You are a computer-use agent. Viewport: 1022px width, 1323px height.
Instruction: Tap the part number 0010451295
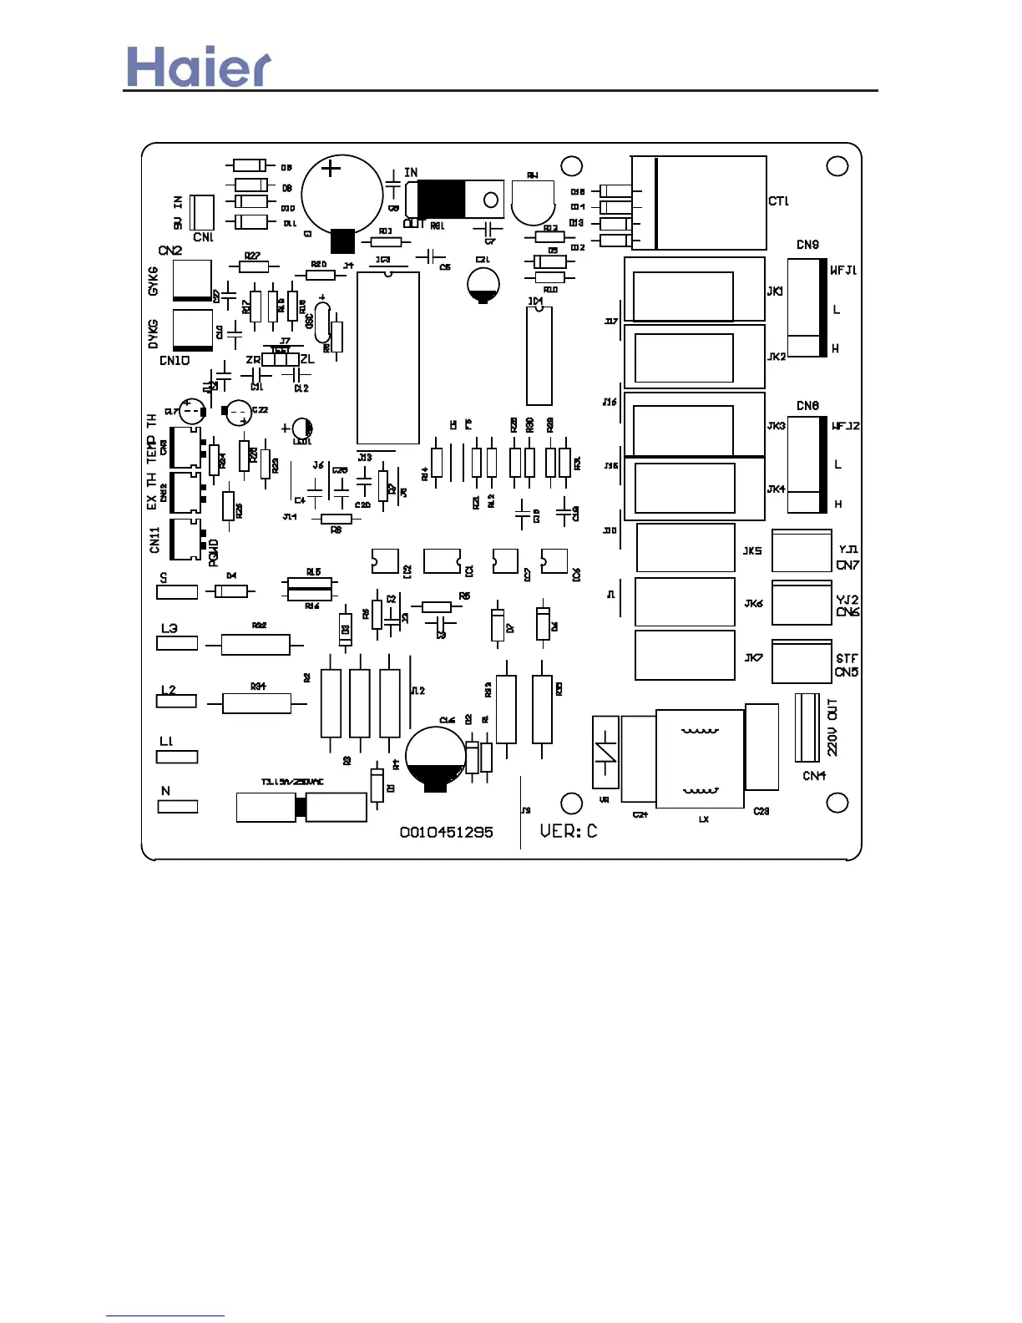click(x=446, y=832)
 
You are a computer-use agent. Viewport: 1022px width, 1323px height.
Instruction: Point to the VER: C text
click(x=568, y=831)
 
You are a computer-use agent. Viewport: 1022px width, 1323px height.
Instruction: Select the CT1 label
click(x=778, y=201)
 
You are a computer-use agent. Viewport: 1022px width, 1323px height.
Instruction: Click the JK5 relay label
click(x=752, y=551)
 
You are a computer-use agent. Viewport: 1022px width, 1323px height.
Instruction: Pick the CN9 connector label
click(x=807, y=245)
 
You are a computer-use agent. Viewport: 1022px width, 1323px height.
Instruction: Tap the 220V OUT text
click(x=832, y=727)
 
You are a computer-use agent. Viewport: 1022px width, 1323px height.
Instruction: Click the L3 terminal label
click(x=169, y=628)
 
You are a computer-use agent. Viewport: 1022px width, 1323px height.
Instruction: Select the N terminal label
click(x=165, y=791)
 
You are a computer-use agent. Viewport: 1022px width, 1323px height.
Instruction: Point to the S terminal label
click(x=164, y=578)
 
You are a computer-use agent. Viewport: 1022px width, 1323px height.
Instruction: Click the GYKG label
click(x=153, y=281)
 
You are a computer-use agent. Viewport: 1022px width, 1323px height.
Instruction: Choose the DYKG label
click(x=153, y=334)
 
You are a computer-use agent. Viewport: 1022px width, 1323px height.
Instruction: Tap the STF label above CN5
click(x=847, y=659)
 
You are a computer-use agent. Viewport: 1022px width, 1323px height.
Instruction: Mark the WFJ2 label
click(x=845, y=426)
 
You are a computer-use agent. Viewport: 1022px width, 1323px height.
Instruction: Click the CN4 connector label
click(x=814, y=776)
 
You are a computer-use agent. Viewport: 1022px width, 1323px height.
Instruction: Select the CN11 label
click(x=154, y=540)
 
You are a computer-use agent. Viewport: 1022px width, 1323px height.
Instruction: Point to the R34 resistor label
click(x=258, y=687)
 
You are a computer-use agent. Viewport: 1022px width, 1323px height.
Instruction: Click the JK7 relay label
click(x=753, y=658)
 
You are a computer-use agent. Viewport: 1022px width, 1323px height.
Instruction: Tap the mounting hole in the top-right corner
click(x=837, y=166)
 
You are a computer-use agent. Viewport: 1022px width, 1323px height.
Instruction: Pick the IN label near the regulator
click(x=411, y=173)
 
